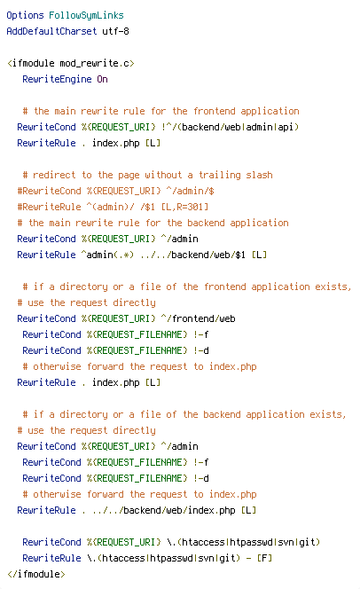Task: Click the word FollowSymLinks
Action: point(86,15)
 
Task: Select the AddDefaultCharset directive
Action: point(51,31)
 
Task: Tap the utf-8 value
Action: point(115,31)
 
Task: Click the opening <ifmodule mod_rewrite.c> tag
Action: point(71,63)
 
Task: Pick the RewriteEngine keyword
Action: point(57,79)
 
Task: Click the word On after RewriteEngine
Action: point(103,79)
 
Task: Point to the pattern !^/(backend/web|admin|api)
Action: point(231,127)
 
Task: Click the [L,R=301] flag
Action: point(184,207)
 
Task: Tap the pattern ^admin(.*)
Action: point(108,255)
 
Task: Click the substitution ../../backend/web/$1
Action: point(192,255)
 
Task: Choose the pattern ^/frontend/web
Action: point(199,318)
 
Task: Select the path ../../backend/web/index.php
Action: point(164,510)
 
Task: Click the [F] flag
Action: point(264,558)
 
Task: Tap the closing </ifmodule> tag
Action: point(36,574)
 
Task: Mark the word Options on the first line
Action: point(25,15)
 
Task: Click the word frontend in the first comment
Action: point(214,111)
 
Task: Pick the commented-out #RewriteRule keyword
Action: point(49,207)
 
